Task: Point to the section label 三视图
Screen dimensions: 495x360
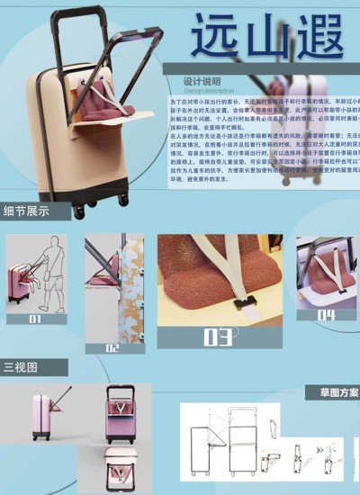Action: pos(21,367)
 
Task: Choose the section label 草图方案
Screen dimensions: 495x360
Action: pos(338,392)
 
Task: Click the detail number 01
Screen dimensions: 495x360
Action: pos(36,317)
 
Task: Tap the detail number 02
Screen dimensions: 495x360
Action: pos(113,346)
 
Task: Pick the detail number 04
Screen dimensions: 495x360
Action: pos(325,315)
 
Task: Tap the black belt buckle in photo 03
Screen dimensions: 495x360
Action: pos(240,303)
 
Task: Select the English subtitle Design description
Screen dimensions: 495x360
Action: pos(209,90)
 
